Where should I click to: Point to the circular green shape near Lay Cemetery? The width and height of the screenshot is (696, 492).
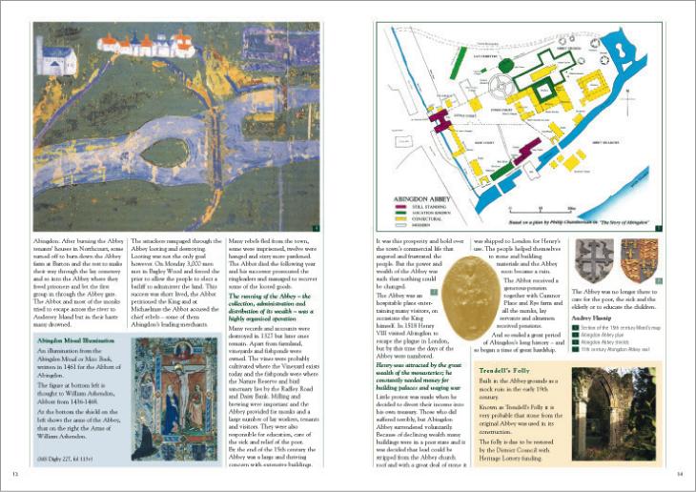(505, 66)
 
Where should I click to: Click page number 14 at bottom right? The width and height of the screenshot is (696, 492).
(680, 474)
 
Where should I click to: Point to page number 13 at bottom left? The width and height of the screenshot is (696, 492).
(15, 474)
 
